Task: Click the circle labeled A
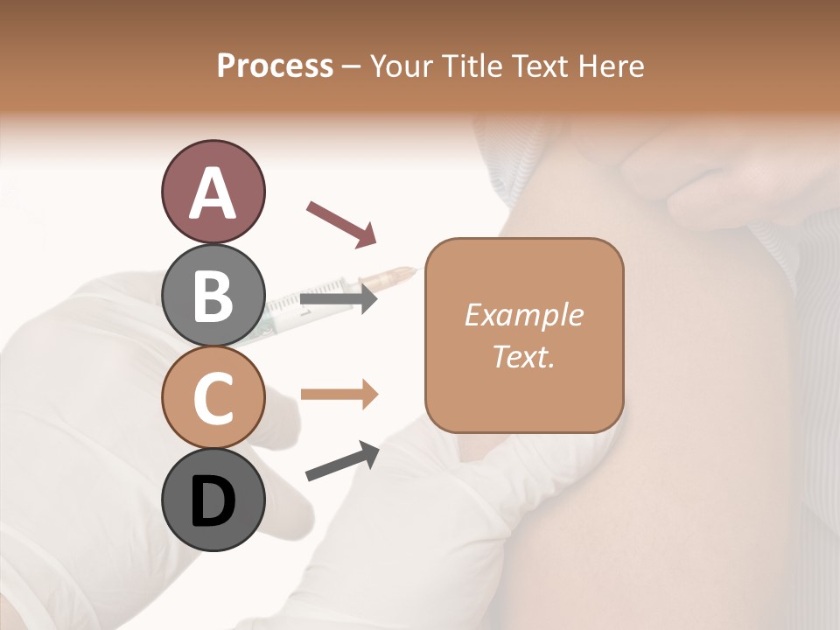point(213,192)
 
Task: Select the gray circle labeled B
point(213,295)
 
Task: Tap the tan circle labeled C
point(213,397)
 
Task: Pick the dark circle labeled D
point(213,500)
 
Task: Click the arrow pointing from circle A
point(341,222)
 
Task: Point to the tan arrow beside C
point(339,394)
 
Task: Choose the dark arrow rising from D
point(342,461)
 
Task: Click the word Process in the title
point(275,66)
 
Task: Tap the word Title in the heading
point(473,66)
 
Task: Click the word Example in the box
point(523,315)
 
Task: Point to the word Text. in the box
point(523,356)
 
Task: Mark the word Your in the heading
point(403,66)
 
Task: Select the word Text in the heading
point(537,66)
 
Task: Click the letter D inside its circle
point(213,502)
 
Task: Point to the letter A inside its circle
point(213,192)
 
